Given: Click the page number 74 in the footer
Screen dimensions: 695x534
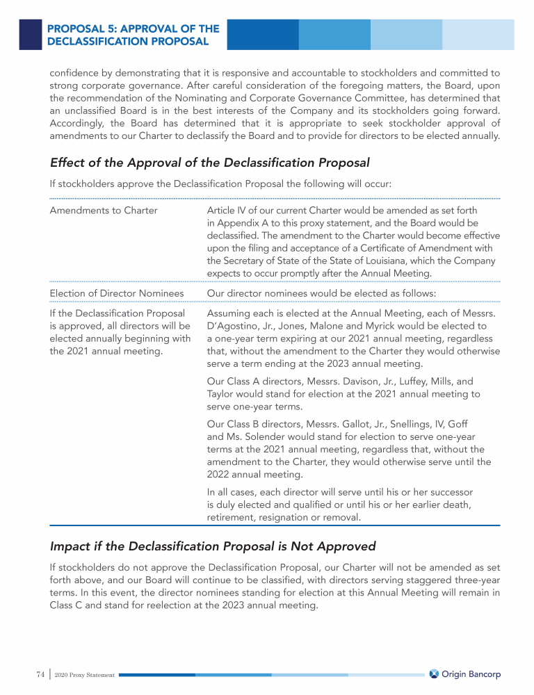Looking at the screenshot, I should (x=40, y=674).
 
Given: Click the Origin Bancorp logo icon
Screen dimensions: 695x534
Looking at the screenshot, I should (x=434, y=674).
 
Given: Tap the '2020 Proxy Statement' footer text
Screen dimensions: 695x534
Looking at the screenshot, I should (x=87, y=675).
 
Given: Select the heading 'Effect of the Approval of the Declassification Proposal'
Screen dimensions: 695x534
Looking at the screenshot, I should (x=209, y=163).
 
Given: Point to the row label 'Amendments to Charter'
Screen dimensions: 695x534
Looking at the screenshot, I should (x=104, y=211).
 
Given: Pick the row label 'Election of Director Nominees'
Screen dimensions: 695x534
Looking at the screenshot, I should (x=117, y=293).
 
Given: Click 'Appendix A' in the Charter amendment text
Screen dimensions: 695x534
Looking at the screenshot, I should (x=245, y=223).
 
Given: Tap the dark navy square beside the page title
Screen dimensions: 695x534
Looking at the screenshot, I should (x=30, y=34).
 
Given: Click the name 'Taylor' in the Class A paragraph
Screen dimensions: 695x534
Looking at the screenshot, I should (x=222, y=394).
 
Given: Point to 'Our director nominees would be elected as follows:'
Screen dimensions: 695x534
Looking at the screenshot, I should (x=321, y=293).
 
